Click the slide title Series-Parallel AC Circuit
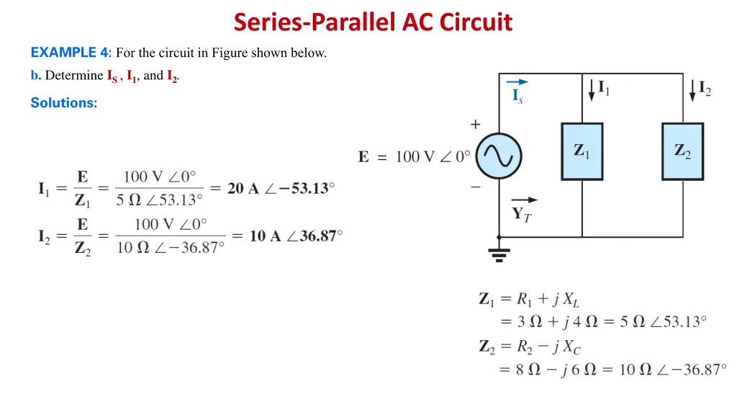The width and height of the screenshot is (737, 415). click(x=373, y=22)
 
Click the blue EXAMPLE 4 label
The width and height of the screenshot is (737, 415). click(x=70, y=53)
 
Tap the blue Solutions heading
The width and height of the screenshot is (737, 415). click(x=63, y=103)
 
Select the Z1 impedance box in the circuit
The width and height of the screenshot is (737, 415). click(x=582, y=151)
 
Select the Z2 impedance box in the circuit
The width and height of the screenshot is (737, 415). click(x=682, y=151)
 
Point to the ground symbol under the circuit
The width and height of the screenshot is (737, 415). click(x=499, y=252)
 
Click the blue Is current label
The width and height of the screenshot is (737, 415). click(x=517, y=96)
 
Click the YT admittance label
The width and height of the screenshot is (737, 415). click(x=522, y=214)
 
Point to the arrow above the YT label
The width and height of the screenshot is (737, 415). click(x=524, y=200)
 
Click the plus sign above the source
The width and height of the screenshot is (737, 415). click(x=476, y=125)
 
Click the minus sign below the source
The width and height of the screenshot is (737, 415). click(x=476, y=187)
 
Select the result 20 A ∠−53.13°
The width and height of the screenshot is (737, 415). click(x=281, y=189)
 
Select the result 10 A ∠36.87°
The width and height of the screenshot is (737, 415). click(x=296, y=236)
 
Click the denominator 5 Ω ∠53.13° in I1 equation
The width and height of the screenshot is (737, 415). click(x=160, y=200)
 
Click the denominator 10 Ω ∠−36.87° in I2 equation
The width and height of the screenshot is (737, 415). click(x=171, y=247)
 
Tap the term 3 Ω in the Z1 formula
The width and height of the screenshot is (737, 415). click(x=533, y=321)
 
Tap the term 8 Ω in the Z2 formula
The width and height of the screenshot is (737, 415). click(x=533, y=370)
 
